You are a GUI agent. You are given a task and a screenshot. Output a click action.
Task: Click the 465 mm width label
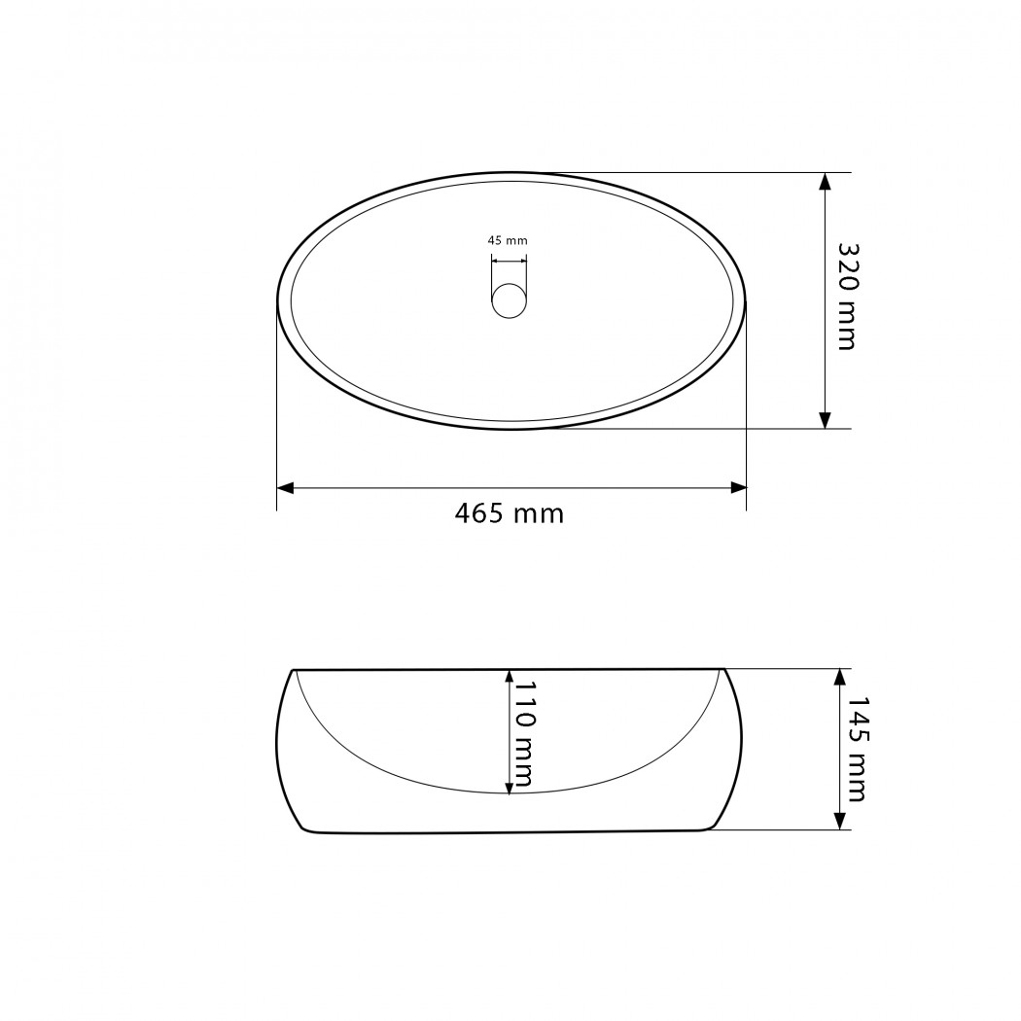(x=510, y=513)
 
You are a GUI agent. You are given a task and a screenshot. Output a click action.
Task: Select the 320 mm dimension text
(x=847, y=297)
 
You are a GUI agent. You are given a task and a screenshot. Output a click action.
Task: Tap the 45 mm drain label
(x=508, y=240)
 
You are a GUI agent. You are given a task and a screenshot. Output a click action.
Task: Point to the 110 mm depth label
(x=524, y=734)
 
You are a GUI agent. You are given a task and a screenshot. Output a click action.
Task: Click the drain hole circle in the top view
(x=509, y=300)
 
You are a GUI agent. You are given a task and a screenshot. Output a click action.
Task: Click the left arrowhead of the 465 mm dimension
(x=285, y=488)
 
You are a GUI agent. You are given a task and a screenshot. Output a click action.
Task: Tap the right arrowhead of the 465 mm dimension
(x=738, y=488)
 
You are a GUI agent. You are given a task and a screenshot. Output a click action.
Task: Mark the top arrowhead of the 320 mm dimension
(x=825, y=182)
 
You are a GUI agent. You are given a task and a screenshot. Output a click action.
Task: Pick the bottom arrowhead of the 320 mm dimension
(x=825, y=420)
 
